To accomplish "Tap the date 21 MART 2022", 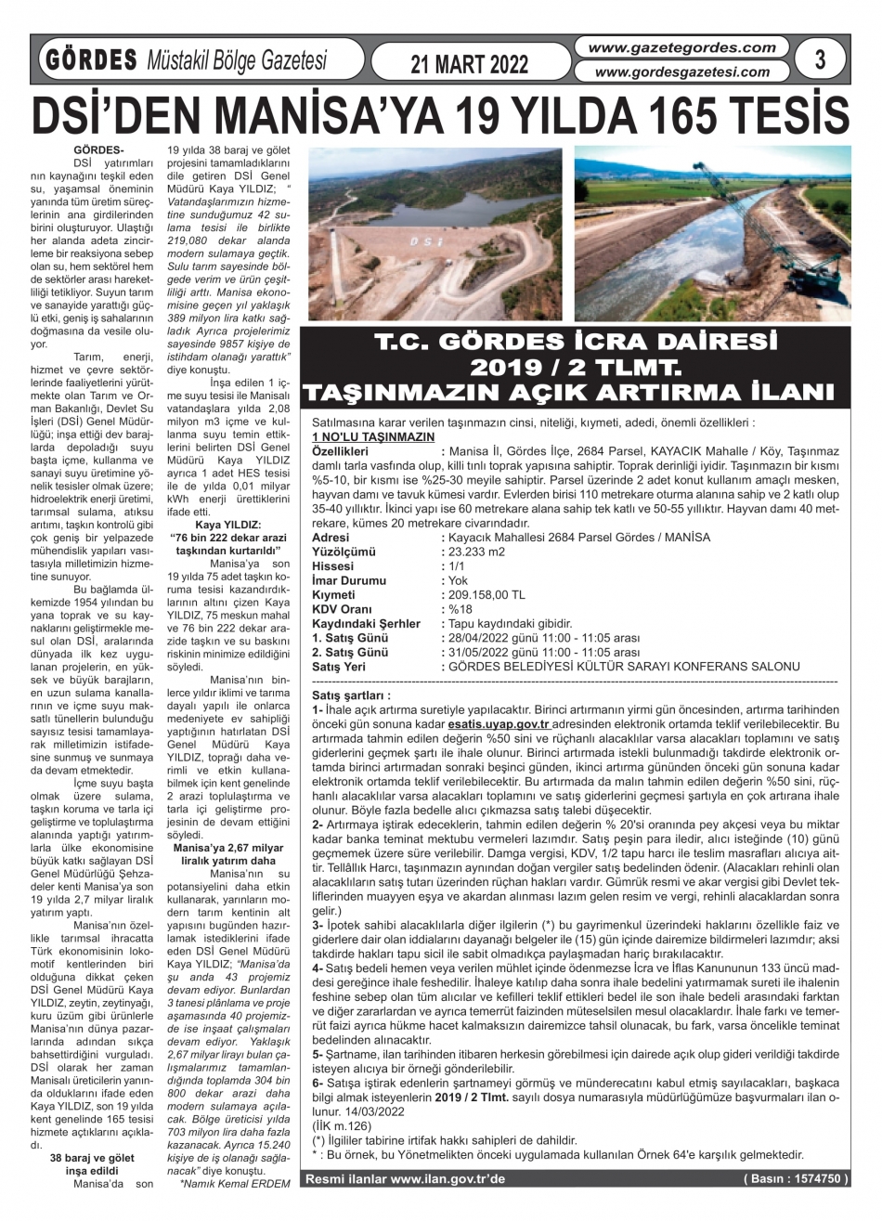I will click(469, 63).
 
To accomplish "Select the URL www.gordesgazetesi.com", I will click(682, 71).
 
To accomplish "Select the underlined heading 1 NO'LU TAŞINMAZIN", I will click(373, 436).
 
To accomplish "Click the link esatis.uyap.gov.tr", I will click(499, 722).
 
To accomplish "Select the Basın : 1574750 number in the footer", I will click(796, 1178).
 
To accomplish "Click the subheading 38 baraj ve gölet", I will click(93, 1158).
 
